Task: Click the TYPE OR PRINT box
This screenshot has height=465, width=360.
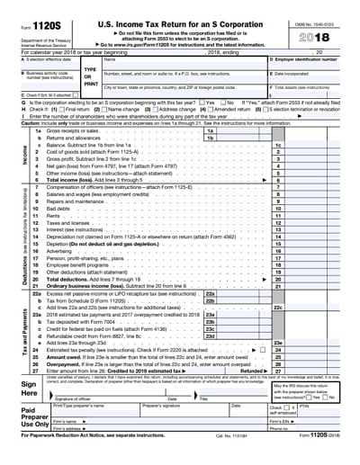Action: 90,75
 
